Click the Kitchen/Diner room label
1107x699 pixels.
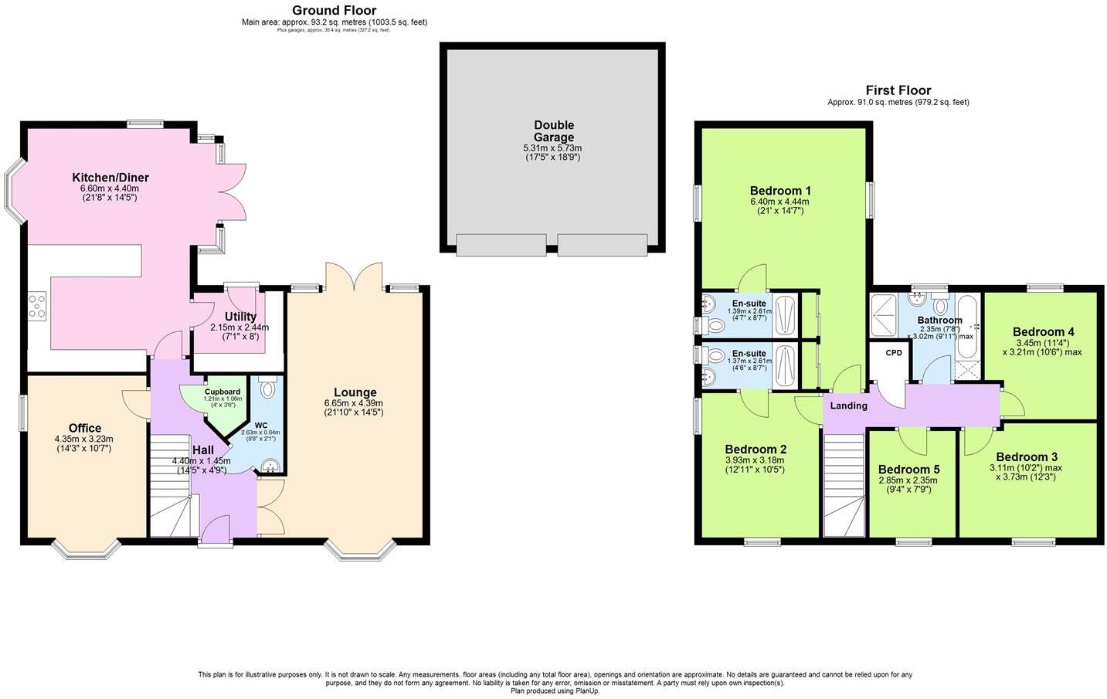click(110, 178)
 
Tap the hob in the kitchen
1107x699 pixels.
click(37, 305)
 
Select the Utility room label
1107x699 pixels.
click(240, 317)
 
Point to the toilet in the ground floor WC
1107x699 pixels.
click(268, 389)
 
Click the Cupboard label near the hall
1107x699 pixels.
click(222, 392)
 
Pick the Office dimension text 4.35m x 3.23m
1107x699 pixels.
click(84, 439)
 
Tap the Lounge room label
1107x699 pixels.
click(355, 392)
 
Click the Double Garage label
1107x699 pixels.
click(553, 131)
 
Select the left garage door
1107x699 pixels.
click(501, 245)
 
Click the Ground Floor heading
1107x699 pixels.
click(334, 10)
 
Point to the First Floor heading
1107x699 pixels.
click(898, 90)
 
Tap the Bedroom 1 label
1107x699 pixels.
click(779, 191)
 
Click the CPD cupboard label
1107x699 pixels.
click(893, 353)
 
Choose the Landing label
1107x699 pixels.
click(848, 405)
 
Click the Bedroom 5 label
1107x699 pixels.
click(909, 470)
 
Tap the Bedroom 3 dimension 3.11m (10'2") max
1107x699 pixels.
click(1025, 467)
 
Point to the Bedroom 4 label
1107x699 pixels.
click(1043, 332)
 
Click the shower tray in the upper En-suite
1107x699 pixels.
click(785, 314)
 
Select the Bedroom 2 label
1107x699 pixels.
click(755, 450)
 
